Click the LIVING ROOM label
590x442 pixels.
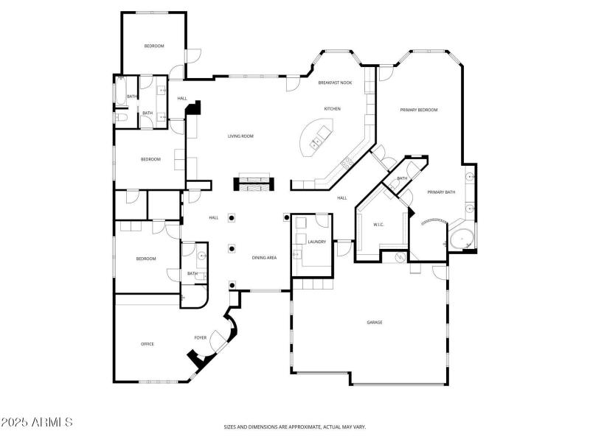[240, 136]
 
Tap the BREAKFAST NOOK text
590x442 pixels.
[335, 83]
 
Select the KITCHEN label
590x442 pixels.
[333, 109]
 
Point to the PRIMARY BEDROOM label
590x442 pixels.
[419, 110]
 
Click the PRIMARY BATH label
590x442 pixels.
[441, 192]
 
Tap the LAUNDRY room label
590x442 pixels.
[317, 242]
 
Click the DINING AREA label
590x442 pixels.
[264, 258]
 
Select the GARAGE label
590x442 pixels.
[375, 323]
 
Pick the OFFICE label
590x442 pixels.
[147, 344]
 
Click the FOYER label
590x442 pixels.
[200, 338]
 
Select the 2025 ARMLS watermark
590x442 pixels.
[37, 423]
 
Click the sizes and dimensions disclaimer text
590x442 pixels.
[295, 427]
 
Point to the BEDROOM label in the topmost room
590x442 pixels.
[153, 46]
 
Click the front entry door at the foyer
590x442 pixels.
[219, 340]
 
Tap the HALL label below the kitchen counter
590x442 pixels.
[342, 197]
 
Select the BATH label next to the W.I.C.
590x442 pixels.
[402, 178]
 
